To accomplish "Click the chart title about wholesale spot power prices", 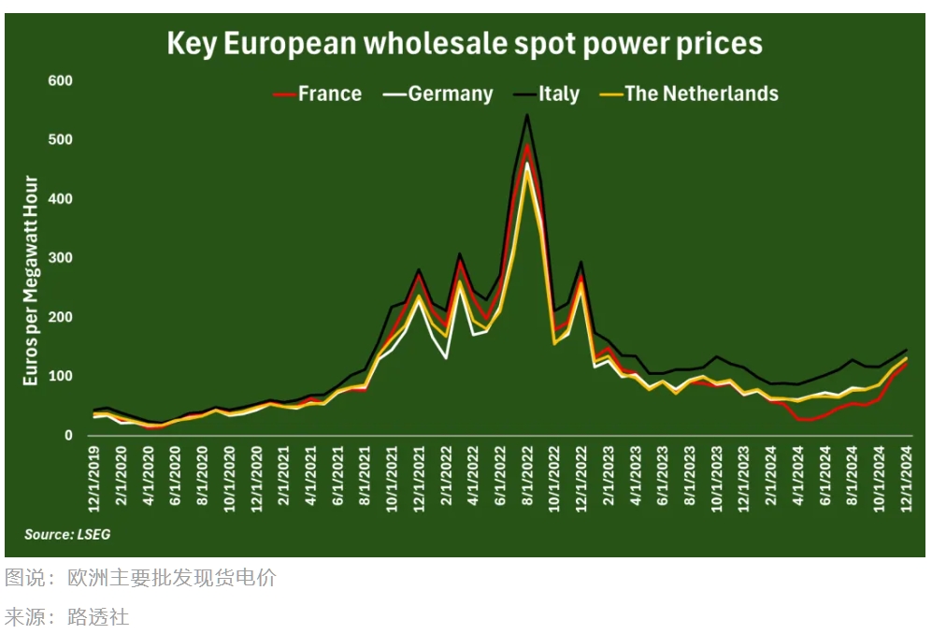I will (465, 43).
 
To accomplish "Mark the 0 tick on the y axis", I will (67, 436).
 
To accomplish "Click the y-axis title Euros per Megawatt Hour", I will (31, 281).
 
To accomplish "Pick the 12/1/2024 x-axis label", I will (905, 478).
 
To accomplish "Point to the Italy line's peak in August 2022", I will (527, 115).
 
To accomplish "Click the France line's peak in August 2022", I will (527, 145).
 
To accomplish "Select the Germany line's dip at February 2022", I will (447, 358).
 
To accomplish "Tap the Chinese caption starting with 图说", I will (140, 578).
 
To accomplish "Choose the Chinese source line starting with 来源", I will (67, 616).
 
